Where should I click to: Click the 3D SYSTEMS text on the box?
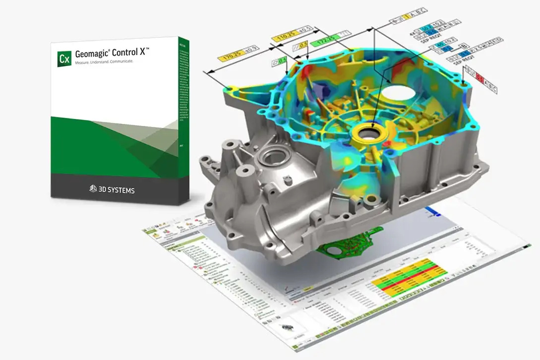[116, 189]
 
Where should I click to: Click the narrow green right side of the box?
[184, 119]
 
